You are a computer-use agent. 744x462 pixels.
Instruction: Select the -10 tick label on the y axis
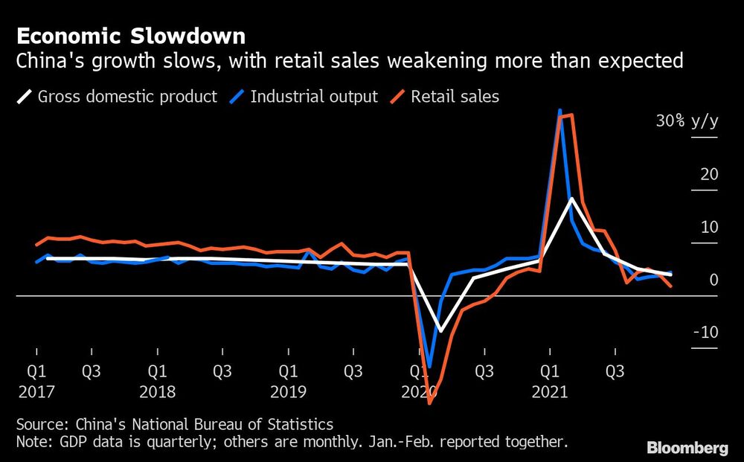point(705,332)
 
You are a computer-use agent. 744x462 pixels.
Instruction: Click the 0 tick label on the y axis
point(713,280)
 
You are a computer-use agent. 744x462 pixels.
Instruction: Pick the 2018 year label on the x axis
point(157,391)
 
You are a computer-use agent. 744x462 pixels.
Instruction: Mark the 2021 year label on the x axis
point(549,391)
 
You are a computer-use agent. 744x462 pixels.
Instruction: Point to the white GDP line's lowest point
point(440,330)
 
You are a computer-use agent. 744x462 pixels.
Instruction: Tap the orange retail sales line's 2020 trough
point(429,402)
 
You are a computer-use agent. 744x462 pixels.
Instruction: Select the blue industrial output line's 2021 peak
point(559,111)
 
